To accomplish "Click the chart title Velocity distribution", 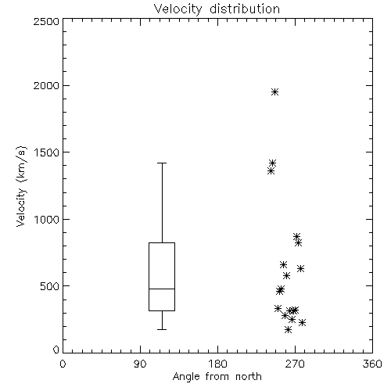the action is [217, 9].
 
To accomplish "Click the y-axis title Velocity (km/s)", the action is [21, 186].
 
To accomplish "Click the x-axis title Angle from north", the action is [217, 377].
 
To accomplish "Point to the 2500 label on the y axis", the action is [46, 21].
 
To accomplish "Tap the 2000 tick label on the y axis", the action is [46, 85].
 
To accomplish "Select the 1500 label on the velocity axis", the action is [47, 152].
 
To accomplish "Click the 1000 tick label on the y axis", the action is [47, 219].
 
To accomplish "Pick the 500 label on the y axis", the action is [50, 286].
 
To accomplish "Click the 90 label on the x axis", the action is [140, 364].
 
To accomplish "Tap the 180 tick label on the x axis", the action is [217, 364].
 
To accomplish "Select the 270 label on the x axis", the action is [295, 364].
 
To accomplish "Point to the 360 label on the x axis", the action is [372, 364].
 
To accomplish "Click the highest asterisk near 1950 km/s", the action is [274, 92].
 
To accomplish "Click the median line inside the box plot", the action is [162, 289].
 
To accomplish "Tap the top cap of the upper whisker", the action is [162, 163].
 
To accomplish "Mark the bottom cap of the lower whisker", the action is [162, 329].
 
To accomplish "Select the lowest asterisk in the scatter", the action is [288, 330].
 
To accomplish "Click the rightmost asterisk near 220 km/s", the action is [302, 323].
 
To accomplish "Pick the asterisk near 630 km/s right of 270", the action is [301, 269].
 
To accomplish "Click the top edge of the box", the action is [162, 243].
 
